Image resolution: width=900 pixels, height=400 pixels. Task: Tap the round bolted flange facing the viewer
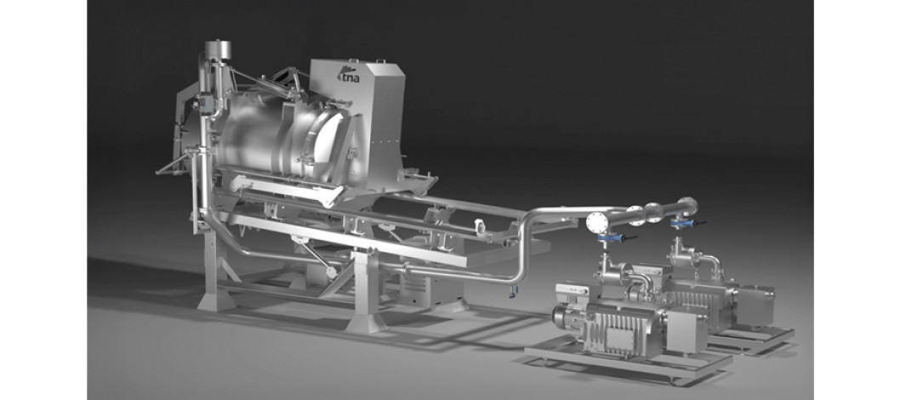(x=595, y=222)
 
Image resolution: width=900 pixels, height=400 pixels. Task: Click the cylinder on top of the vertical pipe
(x=218, y=49)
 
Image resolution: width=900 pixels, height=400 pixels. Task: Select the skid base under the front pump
(x=629, y=358)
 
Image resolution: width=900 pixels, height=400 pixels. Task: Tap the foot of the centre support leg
(x=366, y=323)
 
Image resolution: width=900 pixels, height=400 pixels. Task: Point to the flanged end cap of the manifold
(x=688, y=205)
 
